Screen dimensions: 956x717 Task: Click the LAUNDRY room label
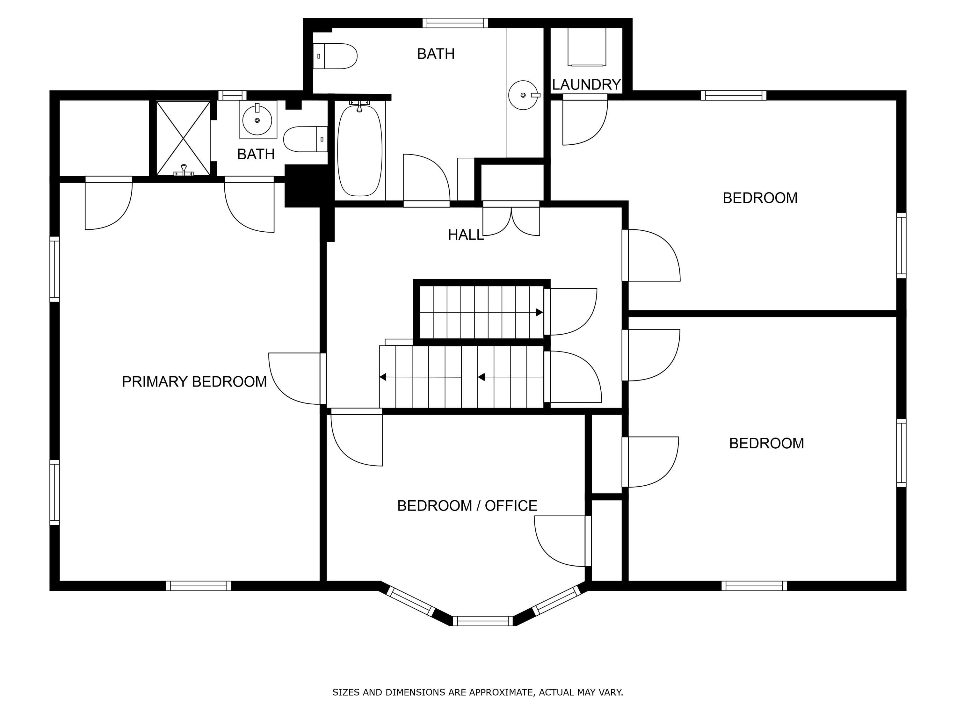(x=586, y=85)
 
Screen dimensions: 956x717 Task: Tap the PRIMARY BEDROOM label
(x=194, y=382)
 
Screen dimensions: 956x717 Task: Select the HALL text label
(x=466, y=235)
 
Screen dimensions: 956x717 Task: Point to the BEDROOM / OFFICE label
(x=467, y=506)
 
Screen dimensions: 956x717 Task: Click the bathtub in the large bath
(x=359, y=150)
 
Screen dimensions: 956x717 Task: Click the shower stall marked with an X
(x=183, y=138)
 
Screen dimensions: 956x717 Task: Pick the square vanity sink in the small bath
(x=257, y=119)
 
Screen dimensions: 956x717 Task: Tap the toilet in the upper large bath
(x=335, y=56)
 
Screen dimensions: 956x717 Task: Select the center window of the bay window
(x=483, y=621)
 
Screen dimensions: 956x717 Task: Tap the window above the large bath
(x=455, y=23)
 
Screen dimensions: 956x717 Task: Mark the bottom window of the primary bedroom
(x=199, y=586)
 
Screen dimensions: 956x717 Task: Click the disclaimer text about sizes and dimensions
(x=478, y=692)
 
